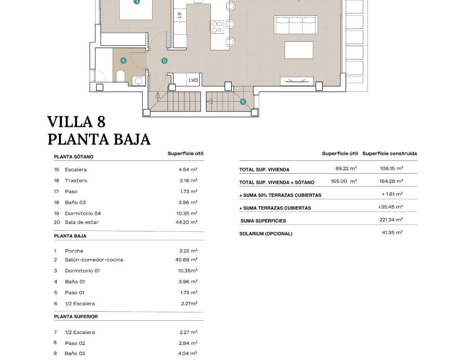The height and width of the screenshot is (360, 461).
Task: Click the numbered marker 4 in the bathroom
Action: coord(123,61)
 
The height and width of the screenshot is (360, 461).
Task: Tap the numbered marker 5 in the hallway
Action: coord(164,61)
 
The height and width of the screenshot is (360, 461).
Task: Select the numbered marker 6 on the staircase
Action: coord(243,102)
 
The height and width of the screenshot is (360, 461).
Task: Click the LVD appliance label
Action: coord(193,80)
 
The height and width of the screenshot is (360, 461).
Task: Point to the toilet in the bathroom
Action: coord(121,76)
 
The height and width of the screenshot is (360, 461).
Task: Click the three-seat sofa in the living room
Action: coord(295,25)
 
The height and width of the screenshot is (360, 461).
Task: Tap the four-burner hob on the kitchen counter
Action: coord(217,27)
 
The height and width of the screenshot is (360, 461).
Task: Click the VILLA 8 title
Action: coord(76,121)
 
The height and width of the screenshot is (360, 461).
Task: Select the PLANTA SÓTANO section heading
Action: coord(73,157)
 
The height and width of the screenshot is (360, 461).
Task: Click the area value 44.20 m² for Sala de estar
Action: coord(186,222)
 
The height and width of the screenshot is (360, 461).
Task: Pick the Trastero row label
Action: coord(76,180)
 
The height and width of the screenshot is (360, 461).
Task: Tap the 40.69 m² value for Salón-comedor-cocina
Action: coord(186,260)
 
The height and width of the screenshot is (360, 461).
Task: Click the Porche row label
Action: coord(74,251)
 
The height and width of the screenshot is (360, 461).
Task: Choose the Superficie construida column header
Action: coord(389,153)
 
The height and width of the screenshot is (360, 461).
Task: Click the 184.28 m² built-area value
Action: coord(391,181)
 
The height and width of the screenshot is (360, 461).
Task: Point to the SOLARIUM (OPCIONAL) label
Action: coord(266,234)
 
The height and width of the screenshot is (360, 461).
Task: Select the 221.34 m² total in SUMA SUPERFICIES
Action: coord(391,220)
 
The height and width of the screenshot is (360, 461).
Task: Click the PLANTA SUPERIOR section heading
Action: coord(76,317)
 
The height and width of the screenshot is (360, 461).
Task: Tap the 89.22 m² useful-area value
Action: coord(346,168)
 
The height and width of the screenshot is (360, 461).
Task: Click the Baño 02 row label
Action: coord(75,354)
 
